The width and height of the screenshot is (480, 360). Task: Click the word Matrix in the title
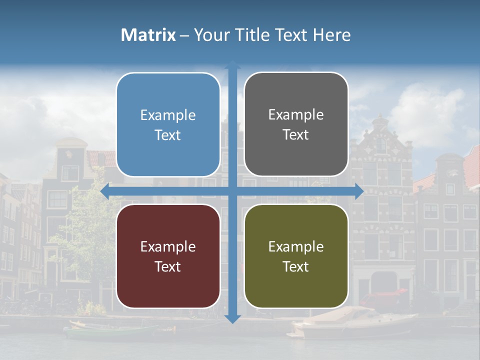pos(148,35)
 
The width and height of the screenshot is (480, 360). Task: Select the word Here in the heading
pos(331,35)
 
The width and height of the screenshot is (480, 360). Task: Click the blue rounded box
pos(168,124)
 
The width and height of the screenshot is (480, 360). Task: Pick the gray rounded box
pos(296,124)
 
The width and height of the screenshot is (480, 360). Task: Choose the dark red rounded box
pos(168,256)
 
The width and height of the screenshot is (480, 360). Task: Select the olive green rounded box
pos(296,256)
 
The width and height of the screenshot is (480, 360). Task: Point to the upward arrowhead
pos(232,65)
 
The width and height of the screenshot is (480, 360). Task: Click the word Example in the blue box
pos(168,115)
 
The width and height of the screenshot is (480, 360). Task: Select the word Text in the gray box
pos(296,134)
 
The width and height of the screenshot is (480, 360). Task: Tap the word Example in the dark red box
pos(168,246)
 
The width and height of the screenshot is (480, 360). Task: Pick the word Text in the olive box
pos(296,266)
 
